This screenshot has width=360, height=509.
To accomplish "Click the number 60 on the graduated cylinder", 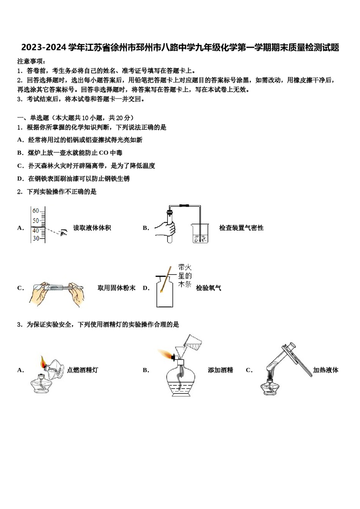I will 36,211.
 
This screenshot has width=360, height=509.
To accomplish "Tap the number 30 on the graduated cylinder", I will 36,238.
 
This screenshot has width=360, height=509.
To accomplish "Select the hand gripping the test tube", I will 166,228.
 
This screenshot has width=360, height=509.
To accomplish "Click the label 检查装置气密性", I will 241,228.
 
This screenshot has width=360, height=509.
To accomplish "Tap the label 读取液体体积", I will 92,228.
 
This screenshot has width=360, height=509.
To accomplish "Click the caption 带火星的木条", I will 185,276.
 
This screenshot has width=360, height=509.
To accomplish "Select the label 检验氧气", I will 208,288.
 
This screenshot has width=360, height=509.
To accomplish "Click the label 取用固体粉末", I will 116,288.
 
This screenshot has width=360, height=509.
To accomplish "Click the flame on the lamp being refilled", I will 165,355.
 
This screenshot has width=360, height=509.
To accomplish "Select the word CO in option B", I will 103,153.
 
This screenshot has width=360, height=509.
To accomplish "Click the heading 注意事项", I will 31,61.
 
